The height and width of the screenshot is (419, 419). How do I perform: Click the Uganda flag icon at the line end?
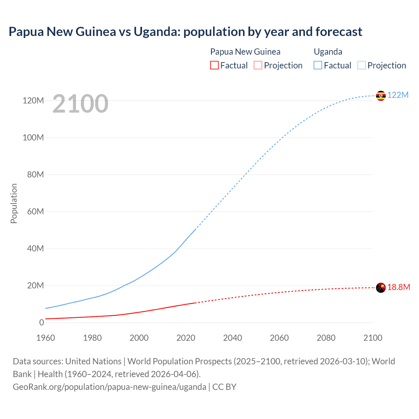381,96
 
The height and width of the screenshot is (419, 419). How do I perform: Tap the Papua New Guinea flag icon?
381,288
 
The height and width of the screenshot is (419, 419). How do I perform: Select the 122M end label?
398,95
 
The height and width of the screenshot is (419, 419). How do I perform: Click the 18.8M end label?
399,287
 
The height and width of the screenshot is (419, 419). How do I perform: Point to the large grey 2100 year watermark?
80,104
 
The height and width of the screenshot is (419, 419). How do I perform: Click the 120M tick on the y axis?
33,100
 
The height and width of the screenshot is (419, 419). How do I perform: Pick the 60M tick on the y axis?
35,211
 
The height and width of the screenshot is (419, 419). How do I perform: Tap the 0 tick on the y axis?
42,322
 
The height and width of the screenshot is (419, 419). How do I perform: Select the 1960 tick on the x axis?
46,338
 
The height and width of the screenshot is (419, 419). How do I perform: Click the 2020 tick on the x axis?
186,338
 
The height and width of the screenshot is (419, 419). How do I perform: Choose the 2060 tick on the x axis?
279,338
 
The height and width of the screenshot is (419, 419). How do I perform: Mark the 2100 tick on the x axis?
373,338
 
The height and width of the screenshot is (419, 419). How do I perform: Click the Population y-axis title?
14,203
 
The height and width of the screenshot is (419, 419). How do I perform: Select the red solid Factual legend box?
214,65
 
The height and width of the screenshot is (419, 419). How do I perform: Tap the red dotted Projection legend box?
258,65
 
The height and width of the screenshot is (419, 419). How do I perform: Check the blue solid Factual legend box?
318,65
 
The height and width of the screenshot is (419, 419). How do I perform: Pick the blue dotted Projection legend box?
362,65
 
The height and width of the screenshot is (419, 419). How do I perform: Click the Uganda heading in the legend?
328,52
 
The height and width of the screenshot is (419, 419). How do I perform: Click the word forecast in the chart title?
339,32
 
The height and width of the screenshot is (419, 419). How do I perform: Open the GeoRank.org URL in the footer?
109,387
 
